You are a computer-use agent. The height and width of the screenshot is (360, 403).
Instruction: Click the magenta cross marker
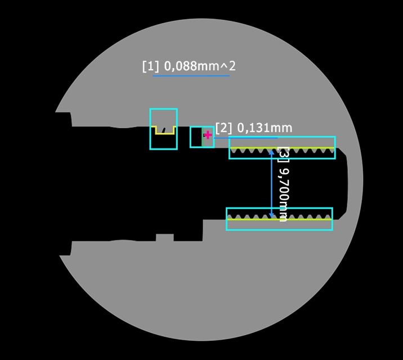click(208, 135)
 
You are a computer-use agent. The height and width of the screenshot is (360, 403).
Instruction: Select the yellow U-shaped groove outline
click(164, 133)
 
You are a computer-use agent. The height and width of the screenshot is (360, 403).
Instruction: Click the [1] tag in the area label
click(150, 66)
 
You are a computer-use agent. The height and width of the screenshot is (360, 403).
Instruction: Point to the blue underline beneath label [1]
click(191, 75)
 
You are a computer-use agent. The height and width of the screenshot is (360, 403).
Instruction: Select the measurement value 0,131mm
click(265, 128)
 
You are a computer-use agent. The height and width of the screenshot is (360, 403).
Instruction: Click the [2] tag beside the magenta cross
click(224, 128)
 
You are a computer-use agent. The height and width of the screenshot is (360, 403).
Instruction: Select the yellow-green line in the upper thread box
click(281, 148)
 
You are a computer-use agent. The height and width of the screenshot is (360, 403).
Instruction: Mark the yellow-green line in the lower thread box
click(279, 219)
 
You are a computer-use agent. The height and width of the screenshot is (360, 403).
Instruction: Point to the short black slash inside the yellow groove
click(164, 128)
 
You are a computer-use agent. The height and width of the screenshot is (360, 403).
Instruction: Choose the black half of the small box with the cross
click(196, 137)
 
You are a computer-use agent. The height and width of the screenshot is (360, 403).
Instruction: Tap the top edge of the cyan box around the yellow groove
click(163, 109)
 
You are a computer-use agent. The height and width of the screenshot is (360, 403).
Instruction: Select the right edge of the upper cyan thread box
click(334, 147)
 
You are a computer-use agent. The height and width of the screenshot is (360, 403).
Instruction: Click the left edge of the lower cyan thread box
click(227, 219)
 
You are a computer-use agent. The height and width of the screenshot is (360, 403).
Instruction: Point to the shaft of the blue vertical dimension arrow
click(272, 183)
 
